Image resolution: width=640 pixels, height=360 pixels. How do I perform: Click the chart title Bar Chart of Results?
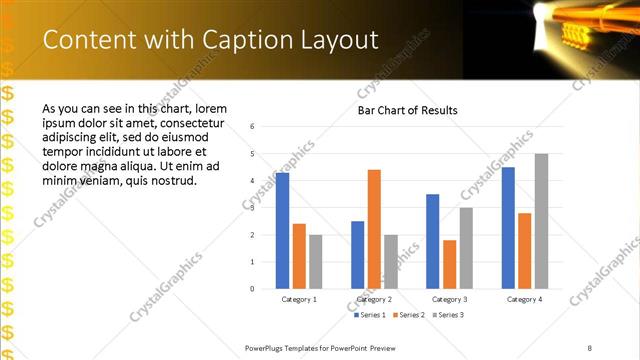click(408, 110)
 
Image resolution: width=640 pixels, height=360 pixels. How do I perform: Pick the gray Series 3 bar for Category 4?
click(541, 221)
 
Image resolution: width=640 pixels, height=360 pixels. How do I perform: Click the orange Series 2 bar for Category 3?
click(449, 264)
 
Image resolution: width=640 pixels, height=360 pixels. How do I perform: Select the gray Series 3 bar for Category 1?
click(316, 261)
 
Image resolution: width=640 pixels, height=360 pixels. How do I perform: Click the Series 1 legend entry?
click(371, 315)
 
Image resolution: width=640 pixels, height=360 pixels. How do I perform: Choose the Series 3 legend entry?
click(449, 315)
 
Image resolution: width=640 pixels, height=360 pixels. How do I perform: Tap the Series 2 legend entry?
click(410, 315)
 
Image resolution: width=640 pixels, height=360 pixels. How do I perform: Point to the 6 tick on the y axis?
click(253, 126)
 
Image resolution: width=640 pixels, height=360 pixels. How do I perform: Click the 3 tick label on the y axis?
click(253, 207)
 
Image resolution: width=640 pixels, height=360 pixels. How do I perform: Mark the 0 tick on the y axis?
click(253, 288)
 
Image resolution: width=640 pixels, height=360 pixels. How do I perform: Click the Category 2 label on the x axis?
click(374, 299)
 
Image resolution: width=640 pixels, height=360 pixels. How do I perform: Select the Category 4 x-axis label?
click(524, 299)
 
